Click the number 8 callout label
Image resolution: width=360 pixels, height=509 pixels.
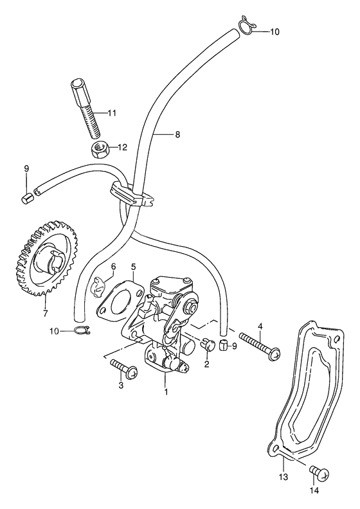[x=177, y=134]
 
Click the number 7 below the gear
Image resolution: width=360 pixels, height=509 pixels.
[x=45, y=314]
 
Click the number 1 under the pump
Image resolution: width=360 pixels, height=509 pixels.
[x=166, y=391]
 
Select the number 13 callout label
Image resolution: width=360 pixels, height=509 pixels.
[x=282, y=477]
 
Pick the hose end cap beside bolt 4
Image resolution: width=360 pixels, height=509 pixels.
[x=222, y=347]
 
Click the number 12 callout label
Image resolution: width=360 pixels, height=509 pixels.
[x=122, y=147]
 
